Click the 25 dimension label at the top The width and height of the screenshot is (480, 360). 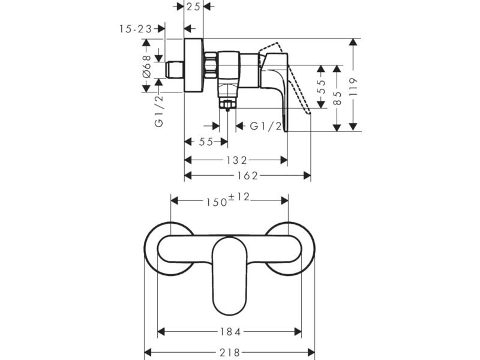tap(193, 7)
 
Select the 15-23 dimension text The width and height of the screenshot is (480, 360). tap(136, 29)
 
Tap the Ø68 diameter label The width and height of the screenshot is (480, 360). tap(147, 66)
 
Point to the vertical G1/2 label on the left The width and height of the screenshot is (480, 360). tap(159, 111)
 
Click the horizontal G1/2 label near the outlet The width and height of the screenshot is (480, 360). tap(266, 126)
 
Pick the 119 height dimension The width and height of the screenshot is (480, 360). tap(353, 86)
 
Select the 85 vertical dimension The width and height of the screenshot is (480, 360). tap(337, 98)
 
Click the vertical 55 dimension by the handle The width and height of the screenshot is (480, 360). tap(321, 86)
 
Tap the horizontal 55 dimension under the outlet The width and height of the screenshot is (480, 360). tap(206, 142)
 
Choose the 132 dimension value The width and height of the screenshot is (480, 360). tap(236, 160)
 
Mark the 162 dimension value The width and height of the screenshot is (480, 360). tap(248, 176)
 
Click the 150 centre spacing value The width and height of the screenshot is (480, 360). tap(216, 202)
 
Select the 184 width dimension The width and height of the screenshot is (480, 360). tap(230, 332)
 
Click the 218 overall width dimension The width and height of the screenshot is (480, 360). tap(230, 353)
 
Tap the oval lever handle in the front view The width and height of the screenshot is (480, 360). tap(230, 276)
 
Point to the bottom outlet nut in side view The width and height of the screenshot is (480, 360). tap(227, 104)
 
